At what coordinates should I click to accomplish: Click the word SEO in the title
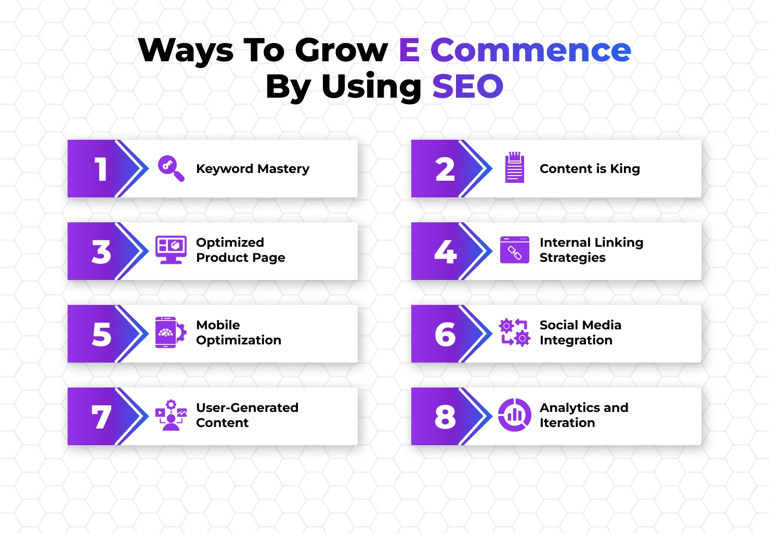click(467, 86)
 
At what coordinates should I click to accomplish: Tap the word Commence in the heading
click(530, 50)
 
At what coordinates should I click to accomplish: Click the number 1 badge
click(101, 169)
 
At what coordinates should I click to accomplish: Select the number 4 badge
click(445, 252)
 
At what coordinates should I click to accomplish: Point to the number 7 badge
click(101, 417)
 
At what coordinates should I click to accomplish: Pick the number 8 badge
click(445, 417)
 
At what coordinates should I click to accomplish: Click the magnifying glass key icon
click(171, 168)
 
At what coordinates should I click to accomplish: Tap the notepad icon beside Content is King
click(514, 167)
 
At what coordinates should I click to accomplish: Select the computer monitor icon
click(171, 250)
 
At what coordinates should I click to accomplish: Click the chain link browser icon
click(514, 250)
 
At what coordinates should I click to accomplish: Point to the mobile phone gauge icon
click(170, 332)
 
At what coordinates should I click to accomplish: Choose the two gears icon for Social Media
click(514, 332)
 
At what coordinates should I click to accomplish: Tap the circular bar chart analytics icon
click(514, 415)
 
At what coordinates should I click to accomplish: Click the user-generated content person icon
click(171, 416)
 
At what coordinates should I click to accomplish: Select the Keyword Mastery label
click(252, 169)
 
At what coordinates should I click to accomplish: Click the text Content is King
click(589, 169)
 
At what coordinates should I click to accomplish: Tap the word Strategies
click(572, 258)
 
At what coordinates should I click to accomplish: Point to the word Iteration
click(567, 423)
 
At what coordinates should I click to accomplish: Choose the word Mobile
click(218, 325)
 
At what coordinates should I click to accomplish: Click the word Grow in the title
click(341, 50)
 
